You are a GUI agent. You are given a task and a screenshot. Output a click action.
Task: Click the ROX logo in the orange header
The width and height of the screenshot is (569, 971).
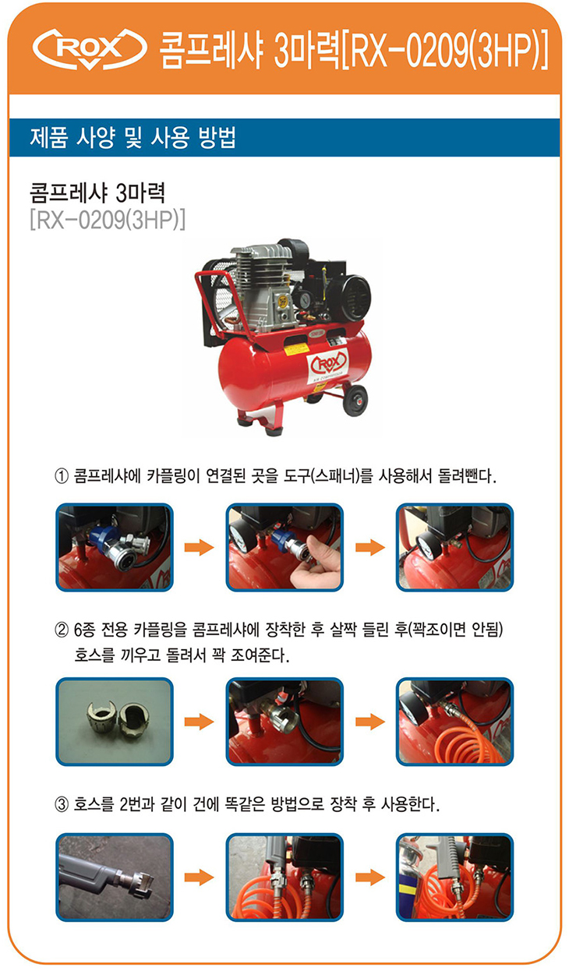[x=90, y=48]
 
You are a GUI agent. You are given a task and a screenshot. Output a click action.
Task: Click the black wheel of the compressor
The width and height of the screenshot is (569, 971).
[x=355, y=400]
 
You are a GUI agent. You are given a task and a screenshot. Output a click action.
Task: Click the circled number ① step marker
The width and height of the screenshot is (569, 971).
[x=62, y=477]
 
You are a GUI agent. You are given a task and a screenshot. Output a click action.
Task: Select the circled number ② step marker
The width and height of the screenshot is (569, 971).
[x=62, y=630]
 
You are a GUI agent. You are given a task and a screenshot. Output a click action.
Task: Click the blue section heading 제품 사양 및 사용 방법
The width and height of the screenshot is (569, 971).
[x=133, y=138]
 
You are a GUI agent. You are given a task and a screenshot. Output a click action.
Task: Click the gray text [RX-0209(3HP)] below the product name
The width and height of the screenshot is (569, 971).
[x=108, y=221]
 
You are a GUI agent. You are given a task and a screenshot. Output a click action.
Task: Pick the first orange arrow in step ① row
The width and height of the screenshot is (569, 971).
[x=199, y=548]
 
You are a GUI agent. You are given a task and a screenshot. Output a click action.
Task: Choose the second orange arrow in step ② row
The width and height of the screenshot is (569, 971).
[x=370, y=722]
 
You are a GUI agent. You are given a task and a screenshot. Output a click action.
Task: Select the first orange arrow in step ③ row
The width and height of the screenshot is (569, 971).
[x=199, y=877]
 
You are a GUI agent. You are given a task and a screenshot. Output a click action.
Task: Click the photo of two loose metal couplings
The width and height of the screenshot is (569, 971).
[x=115, y=722]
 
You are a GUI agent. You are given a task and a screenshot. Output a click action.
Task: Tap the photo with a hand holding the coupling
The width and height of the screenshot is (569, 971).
[x=284, y=548]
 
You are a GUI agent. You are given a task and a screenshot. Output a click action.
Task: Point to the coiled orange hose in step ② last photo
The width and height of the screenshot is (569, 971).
[x=464, y=742]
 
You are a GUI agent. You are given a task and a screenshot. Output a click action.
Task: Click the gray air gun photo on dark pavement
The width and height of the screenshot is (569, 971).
[x=115, y=877]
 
